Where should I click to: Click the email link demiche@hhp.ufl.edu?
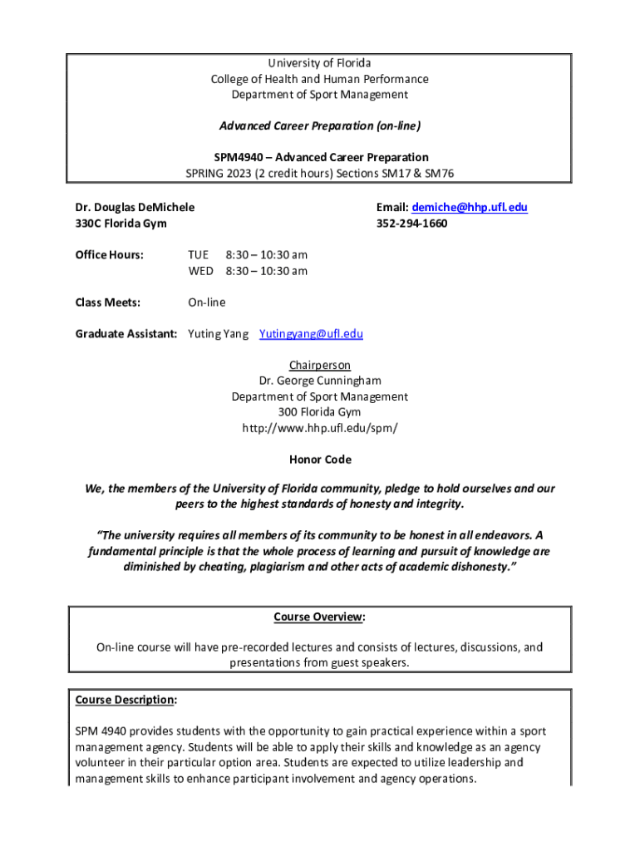(470, 207)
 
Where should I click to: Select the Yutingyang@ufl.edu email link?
(311, 334)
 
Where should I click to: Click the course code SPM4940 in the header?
(239, 157)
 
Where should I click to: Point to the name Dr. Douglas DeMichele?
(135, 207)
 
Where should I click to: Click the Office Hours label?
(109, 254)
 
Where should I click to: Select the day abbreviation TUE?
(198, 254)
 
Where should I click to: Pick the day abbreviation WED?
(200, 271)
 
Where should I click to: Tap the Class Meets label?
(107, 303)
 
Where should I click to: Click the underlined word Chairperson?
(320, 366)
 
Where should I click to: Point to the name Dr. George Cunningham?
(320, 381)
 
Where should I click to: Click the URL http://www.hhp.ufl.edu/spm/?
(320, 428)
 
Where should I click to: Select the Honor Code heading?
(320, 460)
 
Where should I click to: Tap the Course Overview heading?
(319, 617)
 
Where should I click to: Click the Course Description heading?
(125, 700)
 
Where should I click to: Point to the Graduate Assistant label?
(126, 334)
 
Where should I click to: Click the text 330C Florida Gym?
(121, 224)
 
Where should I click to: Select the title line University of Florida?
(320, 63)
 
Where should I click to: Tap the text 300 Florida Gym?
(320, 412)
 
